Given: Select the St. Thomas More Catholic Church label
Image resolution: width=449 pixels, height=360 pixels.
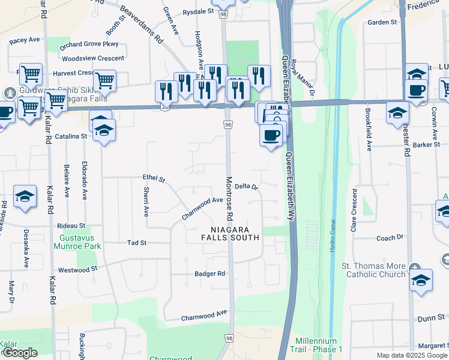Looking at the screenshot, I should click(x=373, y=270).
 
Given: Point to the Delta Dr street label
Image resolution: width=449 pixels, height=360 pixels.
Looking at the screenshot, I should click(x=246, y=187).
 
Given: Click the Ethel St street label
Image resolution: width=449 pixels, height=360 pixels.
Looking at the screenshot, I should click(x=154, y=178).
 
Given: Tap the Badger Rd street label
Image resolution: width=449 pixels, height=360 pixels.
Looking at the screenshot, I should click(x=209, y=274).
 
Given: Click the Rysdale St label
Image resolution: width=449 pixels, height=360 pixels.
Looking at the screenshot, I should click(x=198, y=11).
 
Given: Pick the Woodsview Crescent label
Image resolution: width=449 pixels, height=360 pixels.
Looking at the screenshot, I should click(x=93, y=58).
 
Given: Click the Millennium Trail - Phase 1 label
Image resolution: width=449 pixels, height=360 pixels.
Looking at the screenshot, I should click(x=316, y=345).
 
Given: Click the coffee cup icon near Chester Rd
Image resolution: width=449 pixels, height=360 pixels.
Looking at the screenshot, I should click(x=417, y=91).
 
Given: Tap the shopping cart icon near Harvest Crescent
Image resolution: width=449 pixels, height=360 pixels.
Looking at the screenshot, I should click(x=104, y=80).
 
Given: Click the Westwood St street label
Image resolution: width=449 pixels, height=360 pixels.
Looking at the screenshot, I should click(x=77, y=270).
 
